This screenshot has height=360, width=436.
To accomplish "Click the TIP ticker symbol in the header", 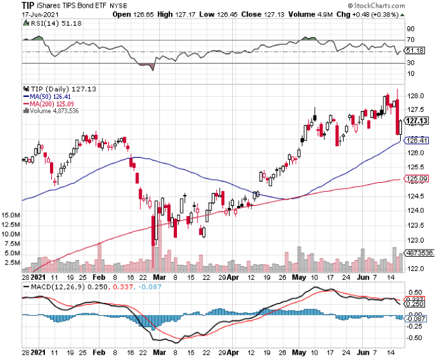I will (x=10, y=6).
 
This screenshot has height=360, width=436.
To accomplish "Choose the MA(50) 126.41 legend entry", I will (x=47, y=96).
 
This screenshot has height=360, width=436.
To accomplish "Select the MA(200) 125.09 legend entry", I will (x=49, y=103).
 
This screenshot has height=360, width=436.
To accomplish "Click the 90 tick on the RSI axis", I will (x=411, y=28).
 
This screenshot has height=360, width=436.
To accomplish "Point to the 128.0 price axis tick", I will (x=416, y=94).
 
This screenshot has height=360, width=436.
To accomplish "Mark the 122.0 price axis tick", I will (x=416, y=269).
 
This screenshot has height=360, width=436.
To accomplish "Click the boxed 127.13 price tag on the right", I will (x=417, y=120).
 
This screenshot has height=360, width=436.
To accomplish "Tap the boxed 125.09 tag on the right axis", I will (x=417, y=179).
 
